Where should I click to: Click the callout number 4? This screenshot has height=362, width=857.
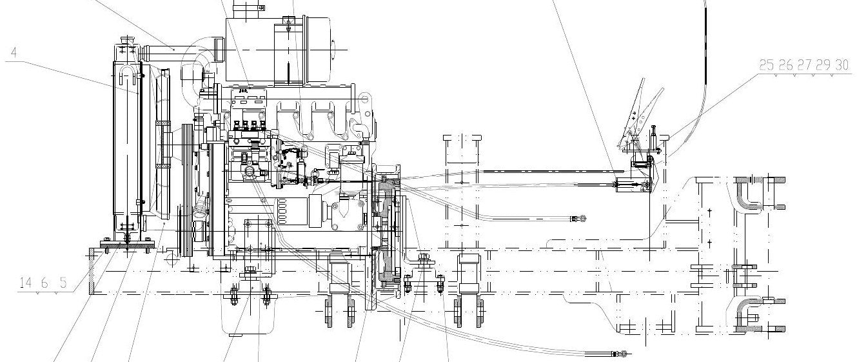point(14,52)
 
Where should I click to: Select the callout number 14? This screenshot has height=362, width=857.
point(26,283)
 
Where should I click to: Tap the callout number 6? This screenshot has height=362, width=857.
point(44,283)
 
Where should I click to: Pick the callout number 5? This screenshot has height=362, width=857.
point(63,283)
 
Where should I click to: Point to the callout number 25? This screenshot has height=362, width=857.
point(766,65)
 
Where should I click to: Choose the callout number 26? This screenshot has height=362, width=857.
point(785,65)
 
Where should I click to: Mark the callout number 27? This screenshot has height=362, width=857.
point(804,65)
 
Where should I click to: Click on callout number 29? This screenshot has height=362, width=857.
point(823,65)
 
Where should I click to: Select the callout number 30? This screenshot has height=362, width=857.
point(842,65)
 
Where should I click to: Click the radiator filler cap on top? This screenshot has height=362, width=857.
point(126,40)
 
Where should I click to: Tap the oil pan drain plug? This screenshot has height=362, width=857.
point(235,335)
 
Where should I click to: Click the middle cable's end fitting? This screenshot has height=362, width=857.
point(578,219)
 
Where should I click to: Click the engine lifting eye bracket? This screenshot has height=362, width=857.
point(366,103)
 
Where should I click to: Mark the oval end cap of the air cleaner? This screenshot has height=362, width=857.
point(333,50)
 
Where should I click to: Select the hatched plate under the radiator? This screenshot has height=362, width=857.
point(126,244)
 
